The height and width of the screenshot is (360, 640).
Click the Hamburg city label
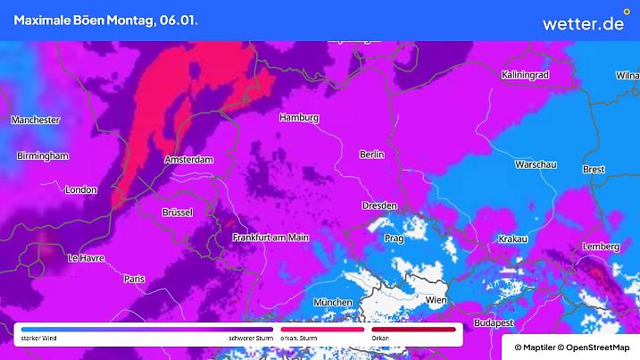point(299,118)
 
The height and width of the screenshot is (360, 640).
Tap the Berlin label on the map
point(371,155)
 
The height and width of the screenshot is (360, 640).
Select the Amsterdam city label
point(189,159)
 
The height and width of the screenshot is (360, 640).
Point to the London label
point(80,189)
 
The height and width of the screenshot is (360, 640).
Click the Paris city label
point(135,279)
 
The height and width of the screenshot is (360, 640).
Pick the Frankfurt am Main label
point(270,237)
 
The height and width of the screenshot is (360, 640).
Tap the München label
point(334,303)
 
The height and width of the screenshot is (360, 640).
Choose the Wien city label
point(436,300)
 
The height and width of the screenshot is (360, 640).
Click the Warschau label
point(536,165)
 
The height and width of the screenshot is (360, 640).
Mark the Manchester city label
point(35,120)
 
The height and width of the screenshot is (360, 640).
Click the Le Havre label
point(86,258)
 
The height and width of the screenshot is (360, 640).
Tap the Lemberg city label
point(601,247)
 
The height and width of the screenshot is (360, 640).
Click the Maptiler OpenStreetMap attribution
point(570,346)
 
